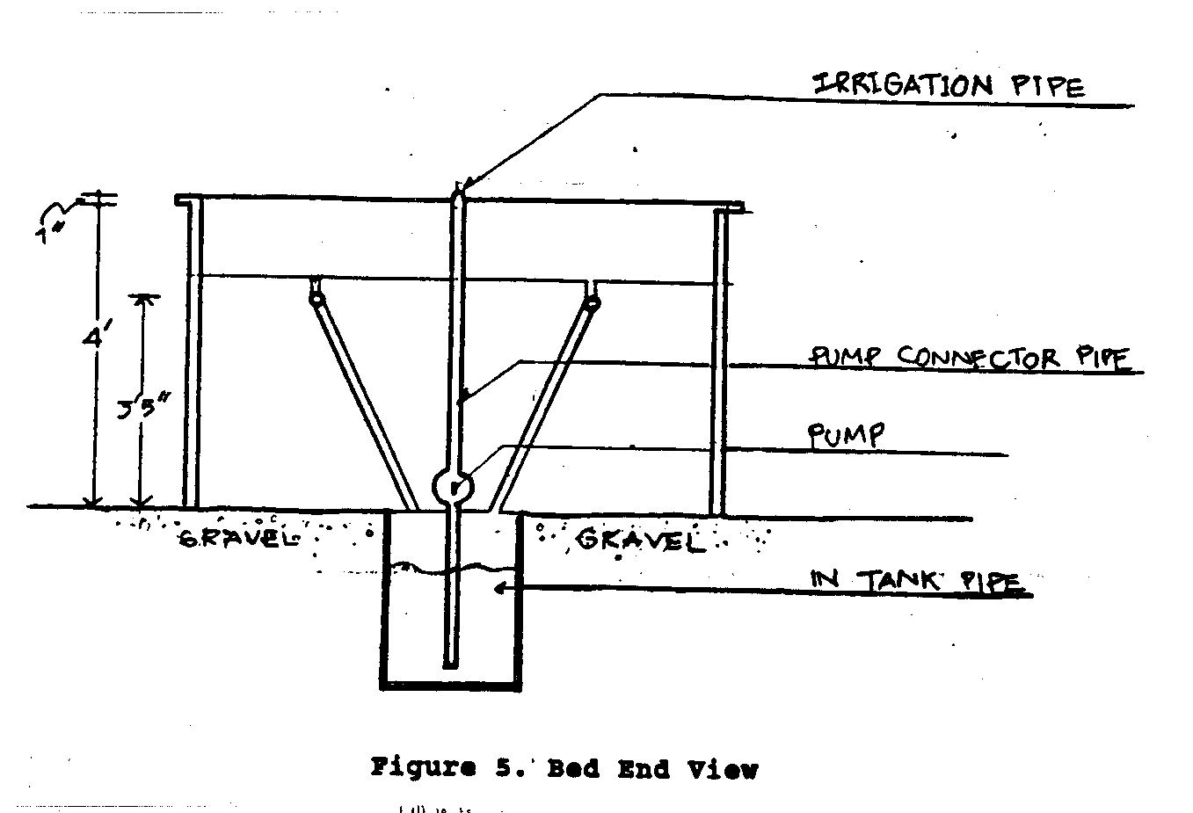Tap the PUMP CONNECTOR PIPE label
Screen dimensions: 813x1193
(x=967, y=358)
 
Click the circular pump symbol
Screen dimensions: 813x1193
(x=454, y=486)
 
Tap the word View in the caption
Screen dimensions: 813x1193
(x=722, y=769)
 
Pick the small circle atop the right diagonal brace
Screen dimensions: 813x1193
(x=593, y=304)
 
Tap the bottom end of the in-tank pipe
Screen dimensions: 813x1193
(x=450, y=663)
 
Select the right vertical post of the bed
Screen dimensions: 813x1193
(x=719, y=360)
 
